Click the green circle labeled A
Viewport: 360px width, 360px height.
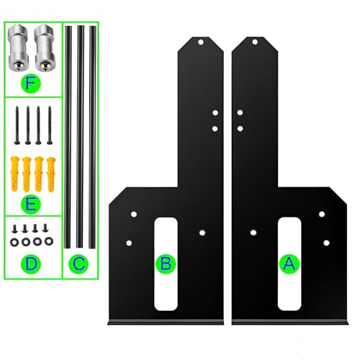pos(289,264)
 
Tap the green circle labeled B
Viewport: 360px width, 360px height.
pos(166,264)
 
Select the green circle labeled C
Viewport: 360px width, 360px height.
pos(78,264)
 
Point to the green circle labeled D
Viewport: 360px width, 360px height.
pos(31,264)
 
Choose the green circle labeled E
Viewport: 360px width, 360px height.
pos(31,204)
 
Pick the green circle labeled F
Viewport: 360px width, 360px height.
pos(31,84)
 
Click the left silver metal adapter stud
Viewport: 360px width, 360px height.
pos(18,48)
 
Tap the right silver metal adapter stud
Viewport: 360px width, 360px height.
pos(45,48)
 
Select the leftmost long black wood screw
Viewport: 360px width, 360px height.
pos(17,125)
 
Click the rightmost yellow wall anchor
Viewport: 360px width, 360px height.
pos(51,174)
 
